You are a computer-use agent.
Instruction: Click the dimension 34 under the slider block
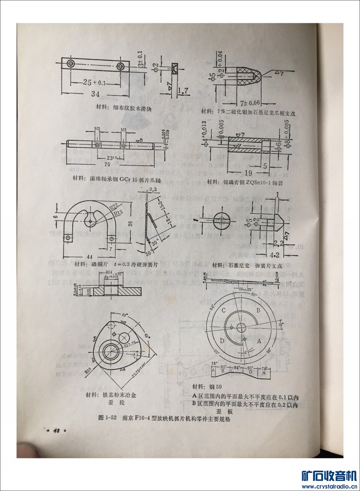coord(95,94)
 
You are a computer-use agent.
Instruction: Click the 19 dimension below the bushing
coord(248,172)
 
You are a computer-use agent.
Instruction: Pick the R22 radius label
coord(113,206)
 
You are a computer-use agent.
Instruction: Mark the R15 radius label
coord(117,212)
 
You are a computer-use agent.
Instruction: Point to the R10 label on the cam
coord(88,370)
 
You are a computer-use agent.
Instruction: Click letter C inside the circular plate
coord(224,310)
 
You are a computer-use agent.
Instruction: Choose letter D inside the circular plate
coord(222,340)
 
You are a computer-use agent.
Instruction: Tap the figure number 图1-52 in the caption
coord(108,418)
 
